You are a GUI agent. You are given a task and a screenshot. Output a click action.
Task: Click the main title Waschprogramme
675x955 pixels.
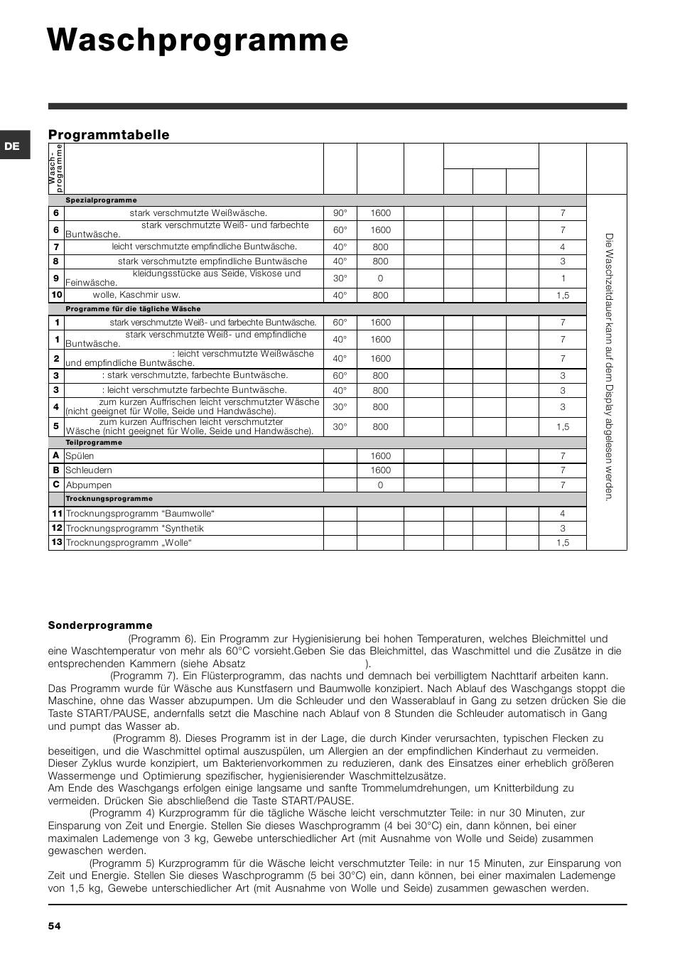tap(198, 41)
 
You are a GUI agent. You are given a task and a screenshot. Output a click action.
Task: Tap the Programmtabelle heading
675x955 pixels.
tap(109, 135)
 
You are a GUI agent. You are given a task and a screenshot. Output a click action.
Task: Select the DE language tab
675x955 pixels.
tap(12, 146)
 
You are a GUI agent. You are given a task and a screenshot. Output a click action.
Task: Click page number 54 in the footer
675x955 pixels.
tap(55, 926)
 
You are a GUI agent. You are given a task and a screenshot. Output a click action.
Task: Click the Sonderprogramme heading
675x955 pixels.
tap(100, 625)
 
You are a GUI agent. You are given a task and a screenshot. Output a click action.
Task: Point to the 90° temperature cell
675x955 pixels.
tap(340, 213)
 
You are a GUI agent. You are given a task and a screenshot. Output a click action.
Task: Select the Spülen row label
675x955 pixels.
tap(80, 456)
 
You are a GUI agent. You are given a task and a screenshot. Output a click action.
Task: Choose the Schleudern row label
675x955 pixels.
tap(89, 470)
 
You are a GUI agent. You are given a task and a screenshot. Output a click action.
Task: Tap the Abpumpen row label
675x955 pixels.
tap(89, 485)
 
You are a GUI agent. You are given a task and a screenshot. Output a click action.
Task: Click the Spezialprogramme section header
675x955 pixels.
tap(102, 200)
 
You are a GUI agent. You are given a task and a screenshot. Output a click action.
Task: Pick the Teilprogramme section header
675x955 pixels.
tap(94, 443)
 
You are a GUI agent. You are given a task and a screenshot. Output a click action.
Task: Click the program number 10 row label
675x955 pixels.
tap(56, 295)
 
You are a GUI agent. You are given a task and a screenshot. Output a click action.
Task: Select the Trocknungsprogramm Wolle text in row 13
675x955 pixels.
tap(129, 543)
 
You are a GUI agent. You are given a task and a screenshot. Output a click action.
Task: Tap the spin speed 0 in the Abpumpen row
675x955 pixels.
tap(380, 485)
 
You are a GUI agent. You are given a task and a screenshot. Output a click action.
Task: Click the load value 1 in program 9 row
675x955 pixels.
tap(563, 279)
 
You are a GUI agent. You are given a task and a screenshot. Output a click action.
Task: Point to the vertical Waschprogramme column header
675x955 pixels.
tap(56, 168)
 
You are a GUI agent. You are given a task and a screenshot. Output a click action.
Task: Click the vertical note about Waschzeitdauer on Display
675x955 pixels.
tap(608, 366)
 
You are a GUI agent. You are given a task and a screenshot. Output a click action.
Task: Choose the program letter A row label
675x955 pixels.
tap(56, 455)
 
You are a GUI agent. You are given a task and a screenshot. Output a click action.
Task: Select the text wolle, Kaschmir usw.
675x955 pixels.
tap(136, 295)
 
